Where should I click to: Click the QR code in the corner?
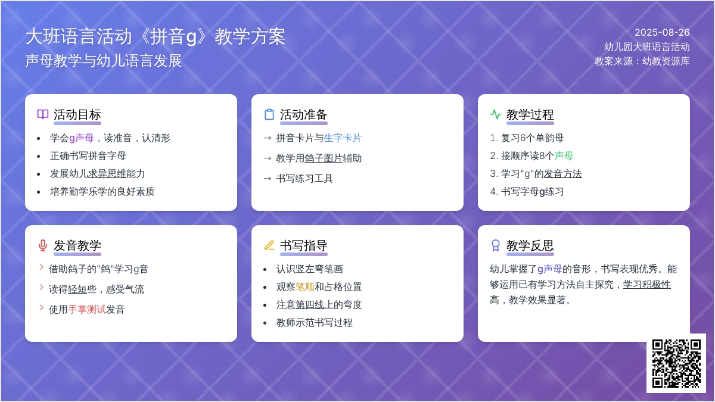(676, 363)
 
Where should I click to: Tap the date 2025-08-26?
(662, 32)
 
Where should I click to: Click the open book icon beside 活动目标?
(43, 114)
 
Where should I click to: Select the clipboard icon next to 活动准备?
(269, 114)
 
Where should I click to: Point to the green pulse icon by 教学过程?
(495, 114)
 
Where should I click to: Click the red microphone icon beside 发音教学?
(43, 245)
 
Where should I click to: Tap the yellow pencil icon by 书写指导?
(269, 245)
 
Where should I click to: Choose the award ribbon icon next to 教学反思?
(495, 245)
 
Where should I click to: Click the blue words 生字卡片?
(343, 138)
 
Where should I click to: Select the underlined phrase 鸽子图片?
(324, 158)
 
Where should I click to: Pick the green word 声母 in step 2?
(564, 155)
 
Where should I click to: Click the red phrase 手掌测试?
(87, 309)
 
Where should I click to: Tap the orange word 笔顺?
(305, 287)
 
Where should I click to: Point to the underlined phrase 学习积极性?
(646, 284)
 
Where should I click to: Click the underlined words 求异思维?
(107, 173)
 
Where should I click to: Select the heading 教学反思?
(530, 245)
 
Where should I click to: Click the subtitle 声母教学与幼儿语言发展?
(104, 61)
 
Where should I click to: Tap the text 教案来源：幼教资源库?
(642, 61)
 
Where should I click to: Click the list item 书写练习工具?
(304, 178)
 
